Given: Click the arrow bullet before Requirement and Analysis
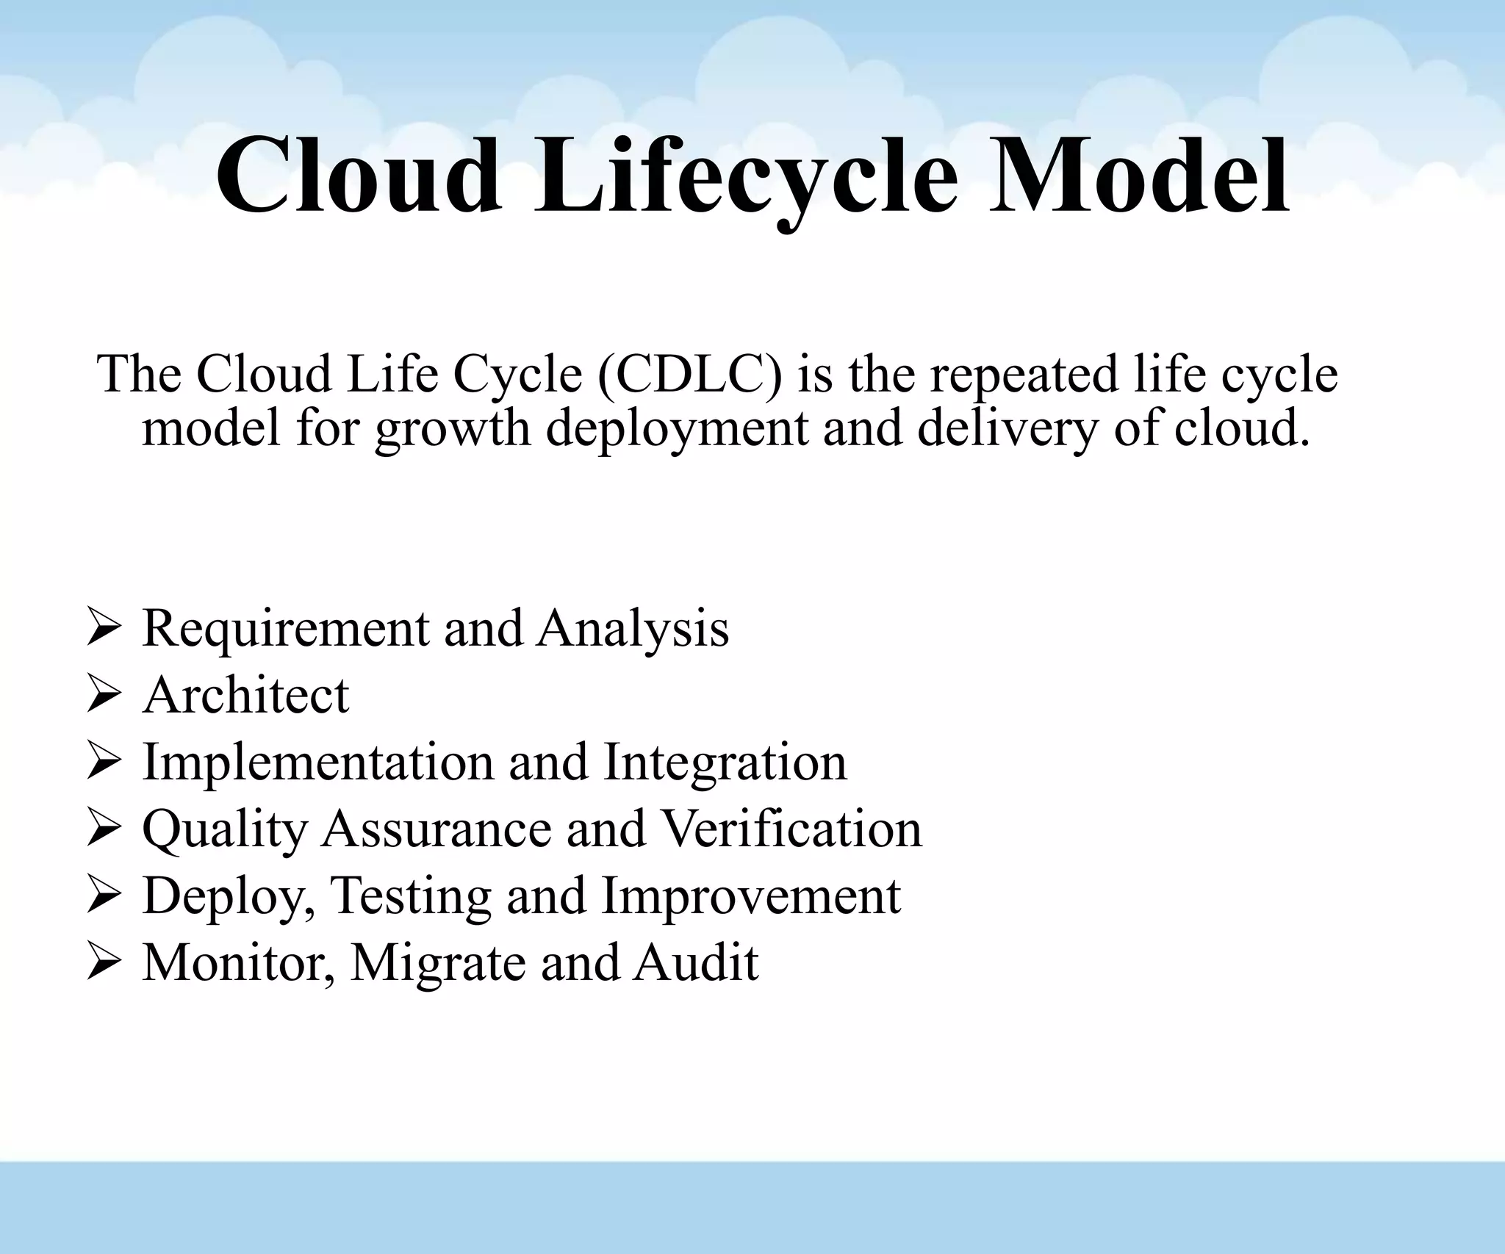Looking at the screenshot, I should pyautogui.click(x=102, y=629).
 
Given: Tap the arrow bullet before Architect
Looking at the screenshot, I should pyautogui.click(x=102, y=696).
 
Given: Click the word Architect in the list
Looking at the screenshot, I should pyautogui.click(x=246, y=695).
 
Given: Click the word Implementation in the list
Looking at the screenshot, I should pyautogui.click(x=317, y=762).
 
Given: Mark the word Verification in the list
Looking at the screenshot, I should pyautogui.click(x=791, y=829).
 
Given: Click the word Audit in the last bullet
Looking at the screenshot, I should pyautogui.click(x=696, y=962).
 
